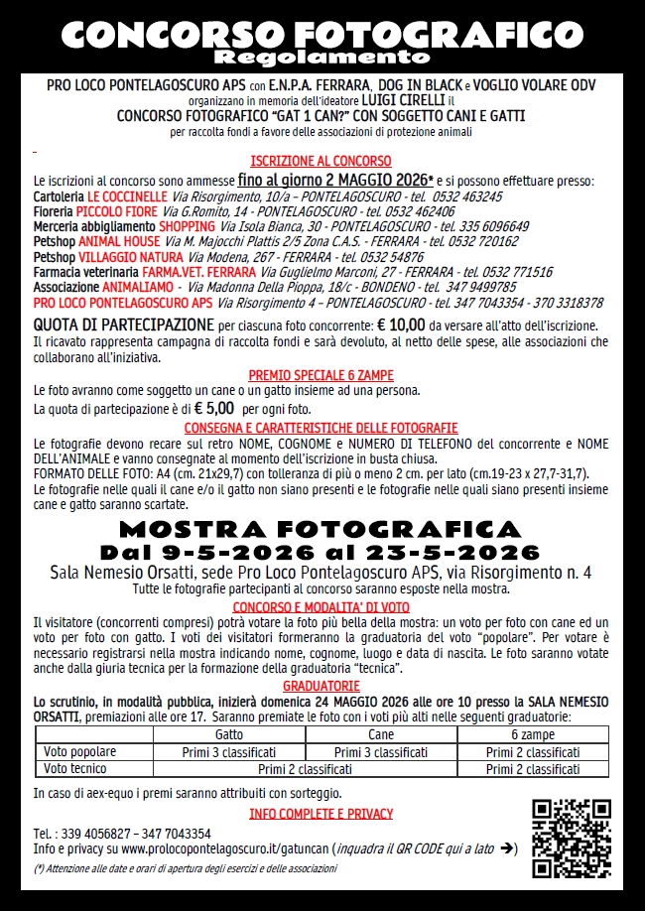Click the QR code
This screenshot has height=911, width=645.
pyautogui.click(x=571, y=838)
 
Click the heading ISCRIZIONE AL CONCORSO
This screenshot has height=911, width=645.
pyautogui.click(x=321, y=161)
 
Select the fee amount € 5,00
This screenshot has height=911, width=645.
pyautogui.click(x=213, y=408)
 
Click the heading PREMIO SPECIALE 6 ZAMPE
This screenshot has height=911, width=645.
pyautogui.click(x=321, y=375)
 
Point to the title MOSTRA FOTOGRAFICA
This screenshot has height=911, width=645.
pyautogui.click(x=322, y=527)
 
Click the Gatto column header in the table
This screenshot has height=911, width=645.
pyautogui.click(x=229, y=734)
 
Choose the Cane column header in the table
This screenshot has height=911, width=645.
pyautogui.click(x=380, y=734)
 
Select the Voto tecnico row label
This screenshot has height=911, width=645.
pyautogui.click(x=75, y=768)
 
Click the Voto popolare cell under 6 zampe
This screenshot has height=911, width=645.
pyautogui.click(x=533, y=752)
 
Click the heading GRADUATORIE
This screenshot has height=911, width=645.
pyautogui.click(x=322, y=686)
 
